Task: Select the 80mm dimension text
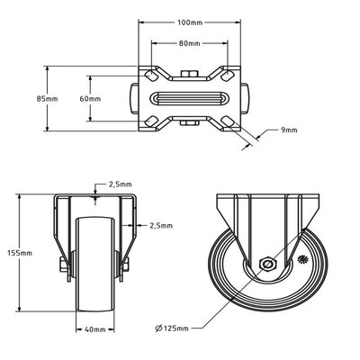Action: tap(188, 41)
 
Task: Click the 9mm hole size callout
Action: tap(289, 132)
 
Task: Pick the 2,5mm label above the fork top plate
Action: tap(118, 184)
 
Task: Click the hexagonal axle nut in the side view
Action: tap(267, 264)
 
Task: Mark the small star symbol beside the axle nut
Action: tap(301, 259)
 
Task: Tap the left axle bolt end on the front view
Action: tap(61, 264)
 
